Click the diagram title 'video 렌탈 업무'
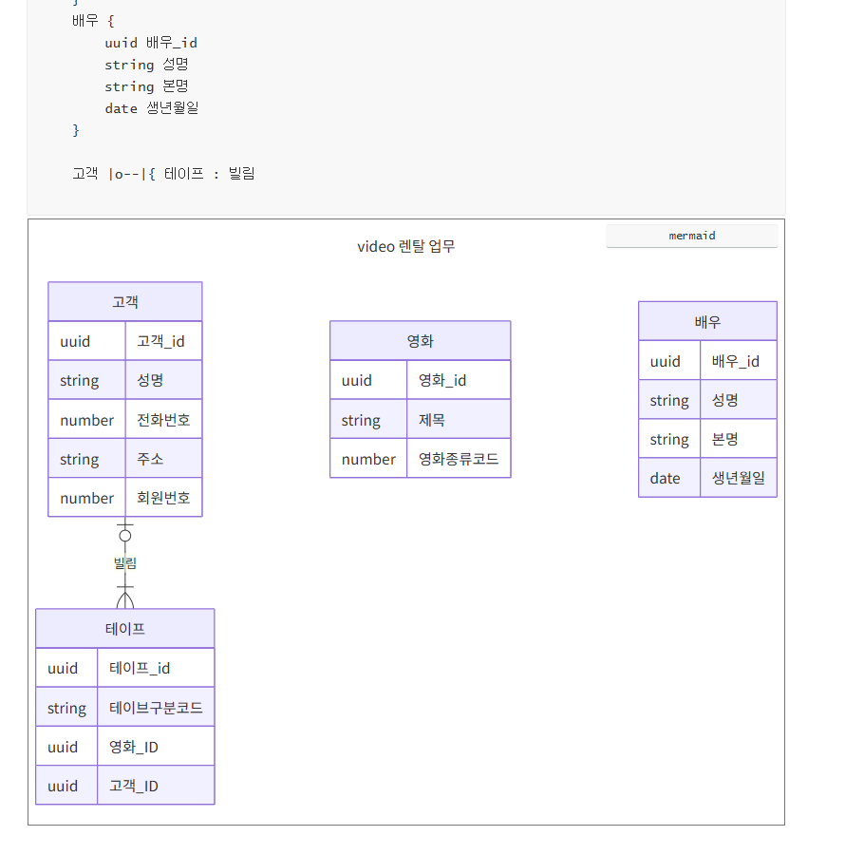click(x=406, y=247)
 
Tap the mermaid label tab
click(x=691, y=236)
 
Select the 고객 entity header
click(x=125, y=302)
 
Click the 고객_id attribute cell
click(x=163, y=341)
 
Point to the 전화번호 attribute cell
click(x=163, y=420)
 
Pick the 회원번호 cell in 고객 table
click(x=163, y=498)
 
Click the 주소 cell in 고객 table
click(x=163, y=459)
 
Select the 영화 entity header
click(x=420, y=341)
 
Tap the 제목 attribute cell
click(x=458, y=420)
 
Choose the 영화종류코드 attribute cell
click(x=458, y=459)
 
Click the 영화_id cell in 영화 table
click(x=458, y=380)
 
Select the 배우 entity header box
click(x=707, y=322)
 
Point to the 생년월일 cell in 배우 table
click(x=738, y=478)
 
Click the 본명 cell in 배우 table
click(x=738, y=439)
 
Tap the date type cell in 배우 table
click(x=668, y=478)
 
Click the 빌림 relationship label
click(x=125, y=563)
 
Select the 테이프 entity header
click(x=125, y=629)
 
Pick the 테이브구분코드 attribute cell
click(x=156, y=708)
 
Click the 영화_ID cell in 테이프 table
click(x=156, y=747)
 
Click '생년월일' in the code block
click(x=173, y=108)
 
